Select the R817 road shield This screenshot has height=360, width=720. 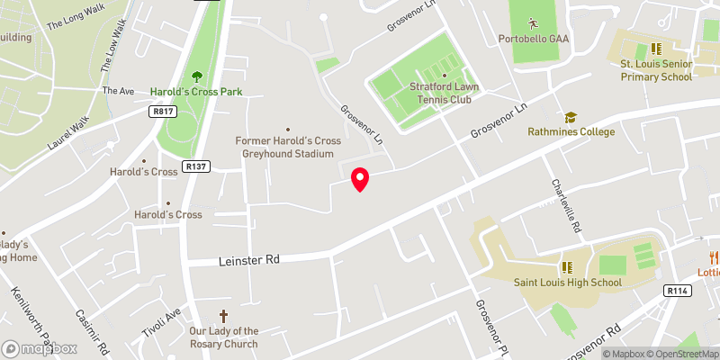coord(162,111)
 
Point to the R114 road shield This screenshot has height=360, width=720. coord(678,291)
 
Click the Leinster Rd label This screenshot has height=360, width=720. coord(249,260)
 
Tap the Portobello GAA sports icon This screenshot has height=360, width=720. coord(533,22)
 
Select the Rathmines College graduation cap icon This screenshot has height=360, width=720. coord(569,117)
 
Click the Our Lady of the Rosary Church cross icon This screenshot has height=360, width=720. coord(223,316)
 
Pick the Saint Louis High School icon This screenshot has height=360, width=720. coord(567,267)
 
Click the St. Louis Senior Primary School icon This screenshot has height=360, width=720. coord(656,49)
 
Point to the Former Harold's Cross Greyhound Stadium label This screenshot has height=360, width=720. coord(288,147)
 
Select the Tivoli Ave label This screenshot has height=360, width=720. coord(162,322)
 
